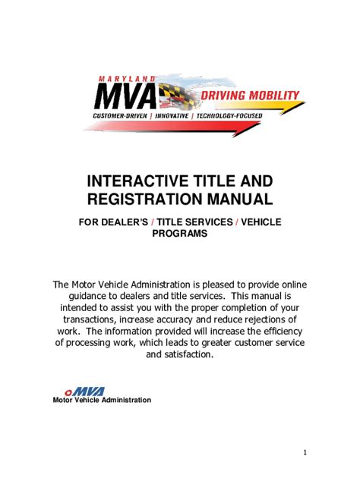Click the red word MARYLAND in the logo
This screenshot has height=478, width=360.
tap(127, 79)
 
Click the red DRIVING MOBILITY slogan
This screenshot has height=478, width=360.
tap(250, 96)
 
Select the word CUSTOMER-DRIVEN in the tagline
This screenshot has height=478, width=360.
tap(120, 116)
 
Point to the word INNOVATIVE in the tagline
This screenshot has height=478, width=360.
tap(172, 116)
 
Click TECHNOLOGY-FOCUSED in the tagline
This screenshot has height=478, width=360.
tap(229, 116)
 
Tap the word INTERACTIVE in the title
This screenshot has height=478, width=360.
tap(132, 181)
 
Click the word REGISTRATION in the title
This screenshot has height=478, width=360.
tap(145, 199)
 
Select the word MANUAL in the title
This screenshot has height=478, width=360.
tap(240, 199)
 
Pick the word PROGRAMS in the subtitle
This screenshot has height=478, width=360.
tap(180, 234)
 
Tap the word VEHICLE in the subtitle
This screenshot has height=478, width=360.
tap(261, 222)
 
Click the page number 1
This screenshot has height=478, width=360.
tap(305, 452)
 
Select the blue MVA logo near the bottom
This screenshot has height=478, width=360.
tap(89, 392)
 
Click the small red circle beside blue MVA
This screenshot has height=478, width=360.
tap(68, 393)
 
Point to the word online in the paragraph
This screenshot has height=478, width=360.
tap(294, 285)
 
